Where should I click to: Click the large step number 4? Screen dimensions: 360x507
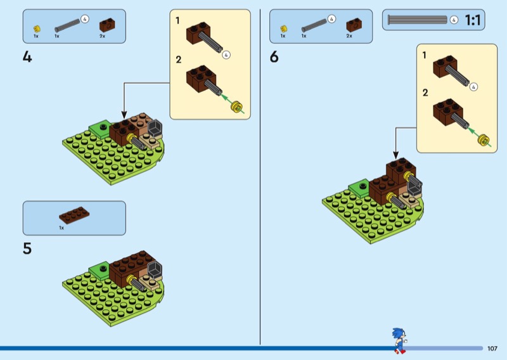pos(27,57)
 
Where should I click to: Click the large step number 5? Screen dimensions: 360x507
pos(27,248)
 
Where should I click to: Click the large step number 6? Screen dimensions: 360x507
pos(274,57)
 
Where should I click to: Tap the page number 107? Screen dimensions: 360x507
pos(492,348)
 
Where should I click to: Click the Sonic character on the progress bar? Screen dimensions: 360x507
pos(398,340)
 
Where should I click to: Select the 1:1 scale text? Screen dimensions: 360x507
pos(472,20)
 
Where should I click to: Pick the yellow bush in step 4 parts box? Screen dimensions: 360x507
pos(37,28)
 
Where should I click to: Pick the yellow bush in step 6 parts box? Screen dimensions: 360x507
pos(283,28)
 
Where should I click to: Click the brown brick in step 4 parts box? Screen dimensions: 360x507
pos(106,24)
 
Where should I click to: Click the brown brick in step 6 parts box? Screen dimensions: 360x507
pos(353,24)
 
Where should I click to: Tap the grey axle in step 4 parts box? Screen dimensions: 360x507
pos(68,25)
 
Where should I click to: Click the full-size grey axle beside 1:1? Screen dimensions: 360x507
pos(417,20)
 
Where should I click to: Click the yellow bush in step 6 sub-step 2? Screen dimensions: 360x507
pos(485,140)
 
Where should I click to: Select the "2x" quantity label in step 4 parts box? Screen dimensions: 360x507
pos(103,36)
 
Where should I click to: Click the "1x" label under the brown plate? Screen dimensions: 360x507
pos(61,228)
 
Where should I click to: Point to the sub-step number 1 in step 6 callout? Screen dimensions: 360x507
pos(425,55)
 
